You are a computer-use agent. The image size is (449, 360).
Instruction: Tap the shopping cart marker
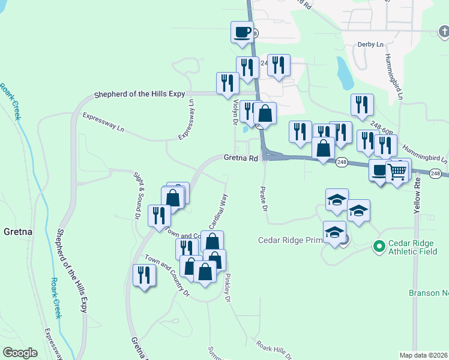(x=397, y=172)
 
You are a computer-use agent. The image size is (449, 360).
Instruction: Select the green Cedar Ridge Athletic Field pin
(x=379, y=246)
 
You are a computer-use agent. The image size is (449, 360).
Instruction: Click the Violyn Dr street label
(x=236, y=112)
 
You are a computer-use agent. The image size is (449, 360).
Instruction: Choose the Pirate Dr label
(x=263, y=199)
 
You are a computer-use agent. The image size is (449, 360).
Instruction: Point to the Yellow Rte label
(x=418, y=199)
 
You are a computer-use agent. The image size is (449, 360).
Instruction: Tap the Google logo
(x=20, y=352)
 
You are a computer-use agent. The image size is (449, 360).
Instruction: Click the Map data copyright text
(x=424, y=355)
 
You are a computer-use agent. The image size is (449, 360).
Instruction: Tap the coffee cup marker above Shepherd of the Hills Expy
(x=242, y=31)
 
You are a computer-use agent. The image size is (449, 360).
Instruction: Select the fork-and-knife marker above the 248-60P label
(x=362, y=104)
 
